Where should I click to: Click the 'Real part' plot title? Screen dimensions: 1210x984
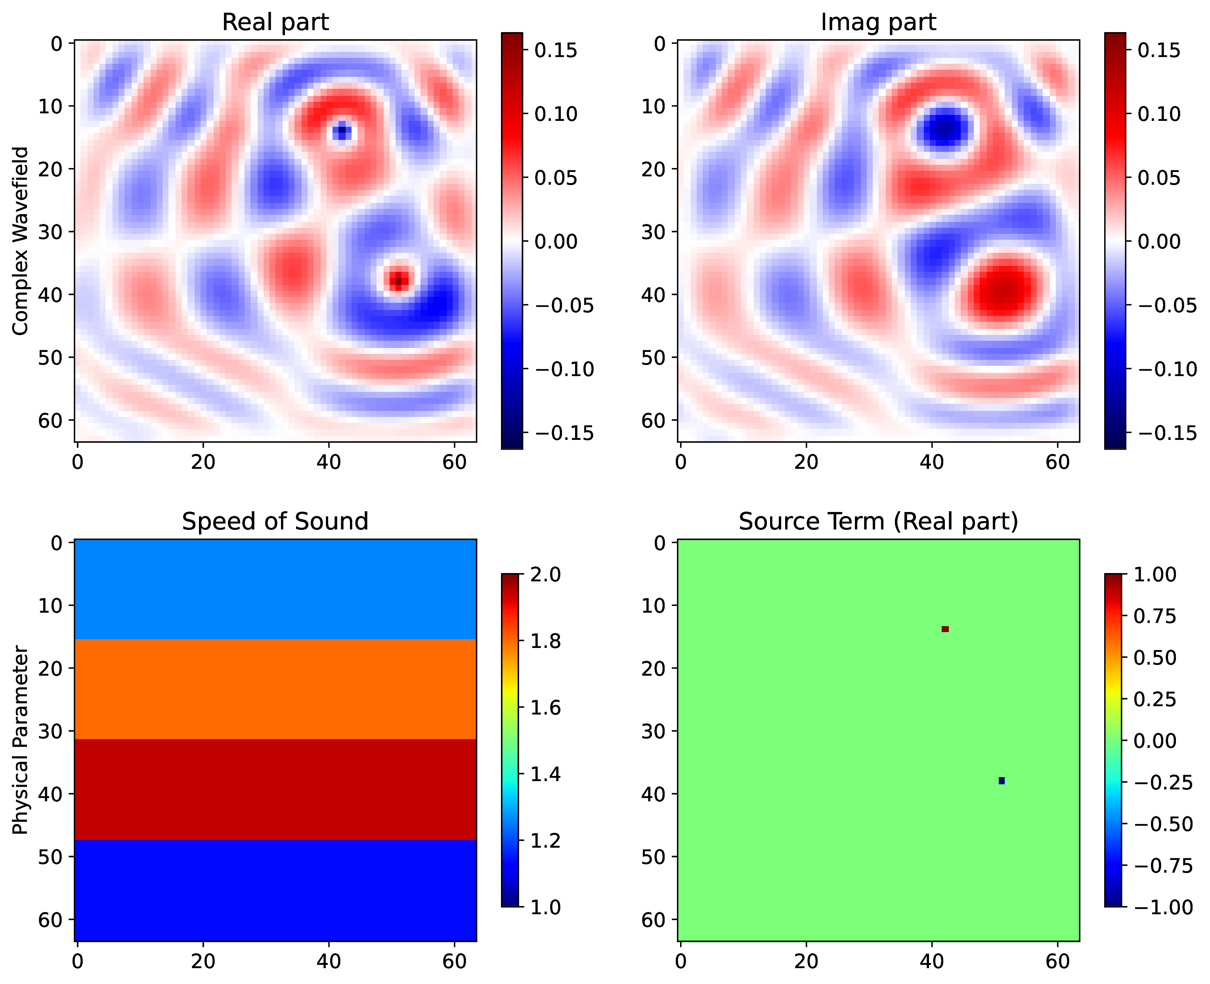pos(275,22)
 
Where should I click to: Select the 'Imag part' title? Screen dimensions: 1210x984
pos(878,22)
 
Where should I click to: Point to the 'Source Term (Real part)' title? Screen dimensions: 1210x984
pos(878,522)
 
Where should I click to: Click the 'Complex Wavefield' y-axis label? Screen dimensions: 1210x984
pos(20,241)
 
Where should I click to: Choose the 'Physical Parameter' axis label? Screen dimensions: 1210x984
pos(20,740)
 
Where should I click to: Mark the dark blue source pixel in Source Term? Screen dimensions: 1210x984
pos(1002,781)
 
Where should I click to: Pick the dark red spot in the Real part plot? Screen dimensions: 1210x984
pos(398,280)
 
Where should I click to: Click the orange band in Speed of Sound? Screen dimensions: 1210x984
pos(275,689)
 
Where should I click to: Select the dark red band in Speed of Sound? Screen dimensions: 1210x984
pos(275,789)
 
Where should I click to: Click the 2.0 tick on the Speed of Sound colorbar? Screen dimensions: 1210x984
pos(545,574)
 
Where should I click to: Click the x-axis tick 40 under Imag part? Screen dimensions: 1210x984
pos(932,462)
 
